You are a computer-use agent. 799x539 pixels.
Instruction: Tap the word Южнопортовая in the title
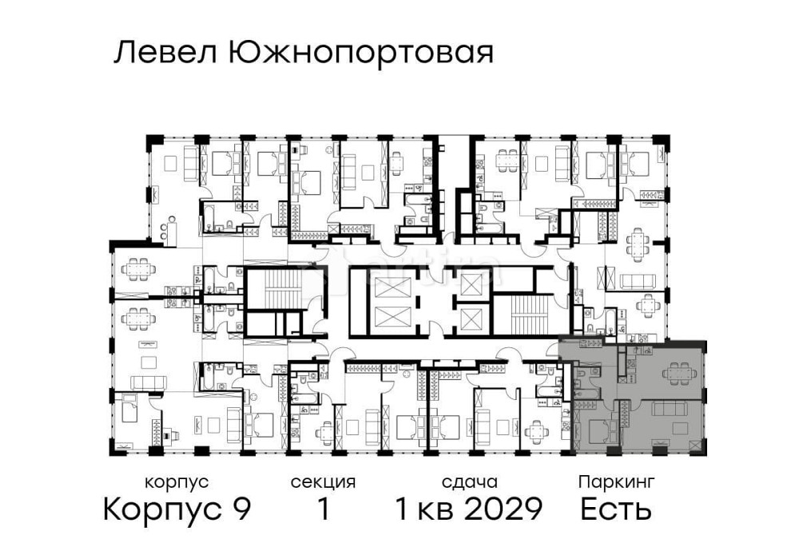[x=359, y=54]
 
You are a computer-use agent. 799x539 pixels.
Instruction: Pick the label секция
[x=323, y=482]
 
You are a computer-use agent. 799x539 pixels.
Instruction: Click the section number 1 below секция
[x=323, y=509]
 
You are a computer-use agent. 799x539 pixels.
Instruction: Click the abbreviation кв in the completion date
[x=437, y=509]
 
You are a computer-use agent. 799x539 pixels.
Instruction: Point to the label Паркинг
[x=617, y=482]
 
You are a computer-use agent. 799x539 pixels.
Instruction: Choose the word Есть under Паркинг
[x=616, y=509]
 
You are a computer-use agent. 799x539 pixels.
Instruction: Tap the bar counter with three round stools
[x=163, y=232]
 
